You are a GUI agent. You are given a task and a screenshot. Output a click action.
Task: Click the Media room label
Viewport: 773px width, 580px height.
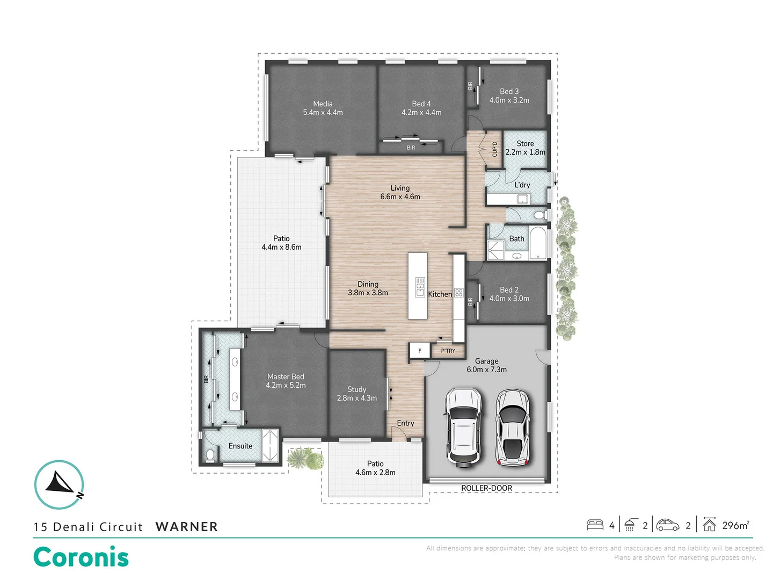(x=323, y=104)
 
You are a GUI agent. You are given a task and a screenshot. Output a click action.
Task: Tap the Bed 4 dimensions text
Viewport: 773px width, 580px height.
(x=421, y=113)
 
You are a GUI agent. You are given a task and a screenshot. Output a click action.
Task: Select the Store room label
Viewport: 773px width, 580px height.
(x=525, y=143)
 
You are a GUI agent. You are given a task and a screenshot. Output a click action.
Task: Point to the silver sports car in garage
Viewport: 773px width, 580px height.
(x=512, y=427)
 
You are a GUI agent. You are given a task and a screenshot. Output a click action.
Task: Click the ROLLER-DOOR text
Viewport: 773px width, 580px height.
(x=486, y=488)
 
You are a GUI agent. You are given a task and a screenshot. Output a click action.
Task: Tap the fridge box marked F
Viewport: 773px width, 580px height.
(x=420, y=351)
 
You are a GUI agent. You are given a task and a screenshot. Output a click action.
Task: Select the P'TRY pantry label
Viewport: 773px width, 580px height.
(x=448, y=351)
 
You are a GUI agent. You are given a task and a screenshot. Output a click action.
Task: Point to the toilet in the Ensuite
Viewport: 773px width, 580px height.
(x=210, y=455)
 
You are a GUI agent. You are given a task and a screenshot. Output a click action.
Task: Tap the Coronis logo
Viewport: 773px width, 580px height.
(x=81, y=557)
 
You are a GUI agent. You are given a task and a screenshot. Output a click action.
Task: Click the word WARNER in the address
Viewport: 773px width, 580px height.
(x=187, y=527)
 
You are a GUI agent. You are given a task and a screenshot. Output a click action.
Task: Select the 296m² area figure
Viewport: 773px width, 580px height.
(x=735, y=525)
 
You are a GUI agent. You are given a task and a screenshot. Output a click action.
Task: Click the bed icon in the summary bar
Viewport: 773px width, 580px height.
(x=595, y=525)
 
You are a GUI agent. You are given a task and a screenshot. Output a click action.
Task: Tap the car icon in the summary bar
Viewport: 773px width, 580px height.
(x=668, y=525)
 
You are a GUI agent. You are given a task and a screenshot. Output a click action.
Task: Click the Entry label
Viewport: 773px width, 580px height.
(x=405, y=423)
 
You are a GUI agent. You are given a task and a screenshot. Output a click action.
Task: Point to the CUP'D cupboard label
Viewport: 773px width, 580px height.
(x=494, y=149)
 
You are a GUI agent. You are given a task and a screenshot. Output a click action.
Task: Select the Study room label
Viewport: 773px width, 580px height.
(x=356, y=389)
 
